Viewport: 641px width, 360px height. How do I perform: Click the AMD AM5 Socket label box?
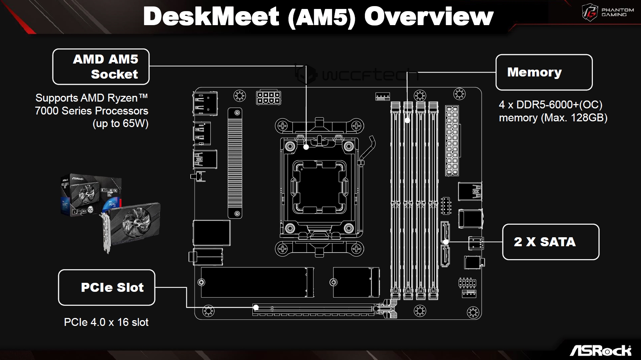coord(101,67)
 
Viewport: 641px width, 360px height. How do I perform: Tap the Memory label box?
coord(544,72)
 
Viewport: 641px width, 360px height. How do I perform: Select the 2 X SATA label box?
coord(551,242)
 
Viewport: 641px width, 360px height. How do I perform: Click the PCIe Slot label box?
coord(107,287)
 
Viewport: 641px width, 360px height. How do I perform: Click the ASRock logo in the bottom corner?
coord(600,350)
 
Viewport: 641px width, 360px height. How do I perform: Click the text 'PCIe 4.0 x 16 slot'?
coord(106,322)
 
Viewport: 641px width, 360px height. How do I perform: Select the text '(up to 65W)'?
coord(120,123)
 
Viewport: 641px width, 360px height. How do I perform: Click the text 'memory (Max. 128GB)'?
coord(553,118)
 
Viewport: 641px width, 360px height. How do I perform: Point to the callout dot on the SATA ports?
coord(446,242)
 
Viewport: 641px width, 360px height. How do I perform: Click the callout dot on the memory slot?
coord(407,120)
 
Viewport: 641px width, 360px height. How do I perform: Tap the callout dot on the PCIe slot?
coord(256,308)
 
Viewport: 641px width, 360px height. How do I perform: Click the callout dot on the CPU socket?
coord(306,147)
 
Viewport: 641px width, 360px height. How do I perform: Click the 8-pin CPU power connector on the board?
coord(268,98)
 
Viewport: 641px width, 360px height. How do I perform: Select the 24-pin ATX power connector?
coord(452,140)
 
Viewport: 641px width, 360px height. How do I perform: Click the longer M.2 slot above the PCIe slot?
coord(257,282)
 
